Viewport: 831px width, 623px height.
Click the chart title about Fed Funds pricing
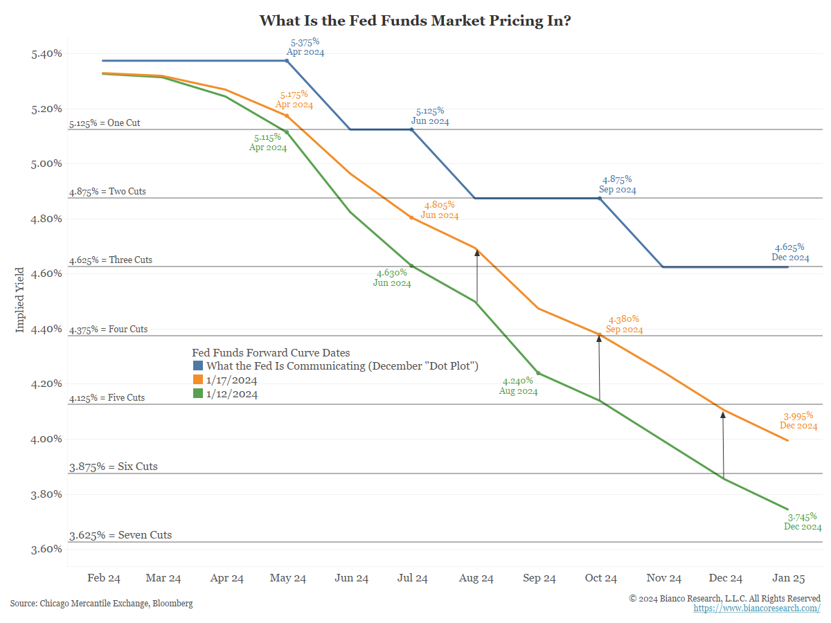415,21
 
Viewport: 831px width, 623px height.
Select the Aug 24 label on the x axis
476,579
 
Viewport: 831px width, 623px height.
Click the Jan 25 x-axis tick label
787,579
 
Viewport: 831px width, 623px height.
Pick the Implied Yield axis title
20,299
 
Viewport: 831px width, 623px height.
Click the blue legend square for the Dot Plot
197,365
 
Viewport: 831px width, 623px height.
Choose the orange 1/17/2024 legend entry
232,380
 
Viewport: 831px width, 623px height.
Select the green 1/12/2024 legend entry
232,394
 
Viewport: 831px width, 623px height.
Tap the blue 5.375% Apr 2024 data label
305,47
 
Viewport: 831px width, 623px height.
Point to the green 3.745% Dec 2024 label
803,521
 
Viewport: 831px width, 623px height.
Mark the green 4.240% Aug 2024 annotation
519,386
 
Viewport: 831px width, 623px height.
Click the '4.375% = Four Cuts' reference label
109,329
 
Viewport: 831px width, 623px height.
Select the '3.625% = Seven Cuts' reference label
120,535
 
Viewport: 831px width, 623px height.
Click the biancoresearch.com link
757,608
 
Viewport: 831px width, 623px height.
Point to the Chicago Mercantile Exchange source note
102,604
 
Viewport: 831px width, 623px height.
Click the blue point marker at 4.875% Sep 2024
600,199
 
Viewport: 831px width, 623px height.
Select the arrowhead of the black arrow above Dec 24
723,415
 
